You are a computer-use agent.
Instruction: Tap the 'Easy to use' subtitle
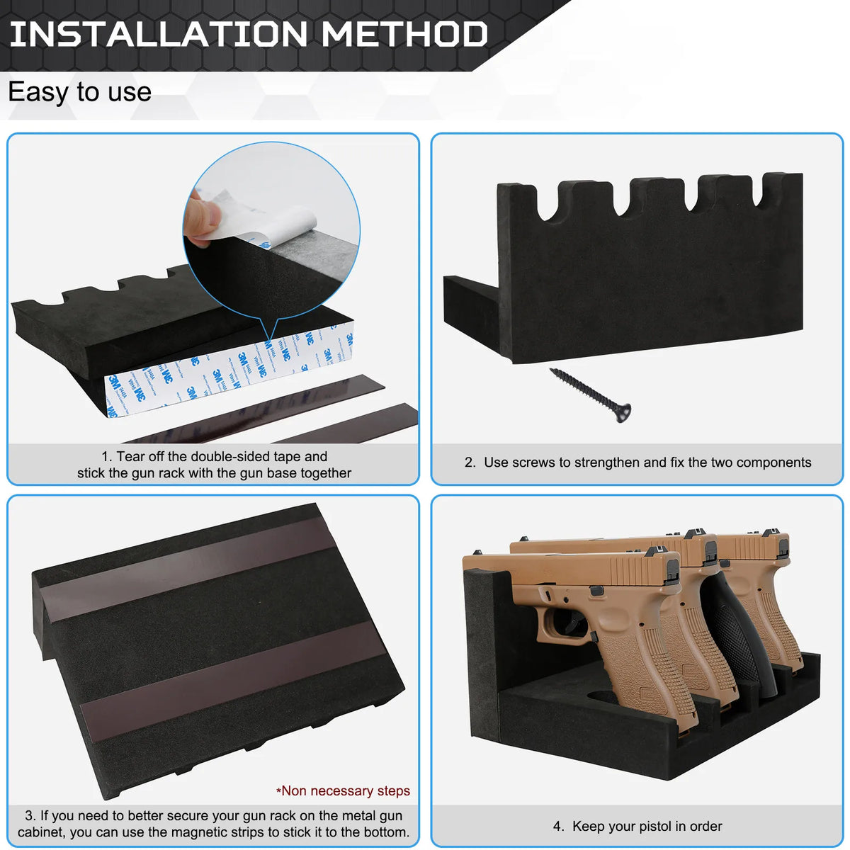79,92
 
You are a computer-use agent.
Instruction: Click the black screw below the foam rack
588,394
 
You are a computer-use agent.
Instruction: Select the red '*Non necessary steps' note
343,790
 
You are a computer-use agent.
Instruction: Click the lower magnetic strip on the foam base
234,680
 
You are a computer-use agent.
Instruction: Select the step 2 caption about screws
637,463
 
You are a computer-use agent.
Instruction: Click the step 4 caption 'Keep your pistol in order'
637,826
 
